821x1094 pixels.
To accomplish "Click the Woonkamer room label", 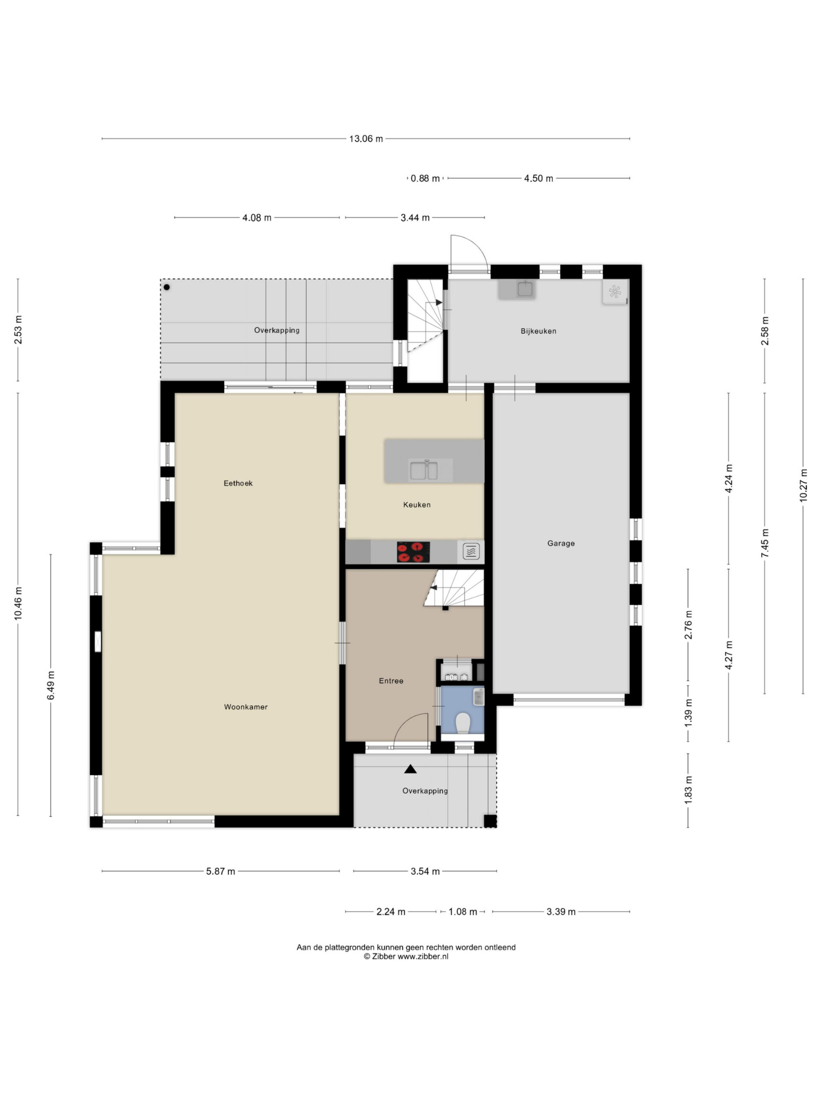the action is click(x=245, y=707).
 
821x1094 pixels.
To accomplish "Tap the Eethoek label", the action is click(x=238, y=483).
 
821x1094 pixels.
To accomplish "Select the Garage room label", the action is click(x=561, y=544).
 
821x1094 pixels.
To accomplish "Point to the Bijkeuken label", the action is click(x=538, y=331).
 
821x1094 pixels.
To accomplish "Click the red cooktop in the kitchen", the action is click(x=413, y=552).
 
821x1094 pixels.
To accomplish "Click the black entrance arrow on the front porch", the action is click(x=410, y=769).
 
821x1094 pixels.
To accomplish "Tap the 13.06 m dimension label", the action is click(x=366, y=139).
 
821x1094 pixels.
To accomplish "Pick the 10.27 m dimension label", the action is click(x=803, y=485).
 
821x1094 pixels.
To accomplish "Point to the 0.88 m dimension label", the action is click(x=425, y=179).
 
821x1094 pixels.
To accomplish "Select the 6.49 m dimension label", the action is click(x=50, y=685).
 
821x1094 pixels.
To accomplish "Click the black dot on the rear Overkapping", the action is click(x=167, y=287).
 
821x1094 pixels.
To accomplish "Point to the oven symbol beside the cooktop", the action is click(x=471, y=551).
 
